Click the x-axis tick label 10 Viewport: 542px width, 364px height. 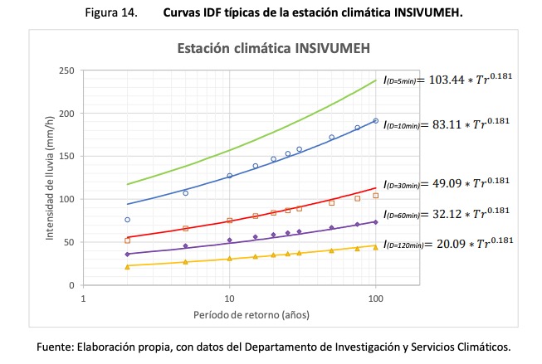point(230,296)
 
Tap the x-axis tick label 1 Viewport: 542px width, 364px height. point(84,296)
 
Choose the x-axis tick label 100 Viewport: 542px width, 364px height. point(376,296)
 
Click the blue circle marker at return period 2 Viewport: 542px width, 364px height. point(128,220)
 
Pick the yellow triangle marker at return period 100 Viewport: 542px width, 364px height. point(376,246)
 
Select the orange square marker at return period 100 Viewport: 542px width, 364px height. point(376,196)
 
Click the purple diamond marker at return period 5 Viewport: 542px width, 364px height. point(186,245)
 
